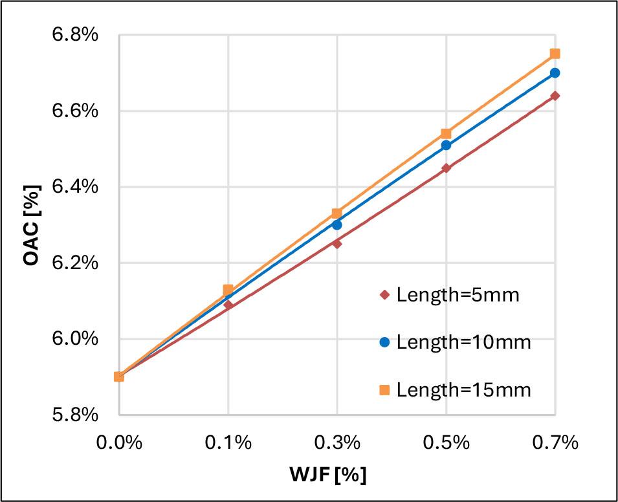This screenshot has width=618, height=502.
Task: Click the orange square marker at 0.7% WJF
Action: tap(555, 54)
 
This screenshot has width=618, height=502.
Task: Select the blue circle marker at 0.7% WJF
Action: tap(555, 73)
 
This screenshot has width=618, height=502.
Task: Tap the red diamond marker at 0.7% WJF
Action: tap(555, 96)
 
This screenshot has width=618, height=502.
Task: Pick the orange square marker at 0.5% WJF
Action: tap(446, 134)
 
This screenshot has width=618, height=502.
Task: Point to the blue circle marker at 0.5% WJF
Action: tap(446, 145)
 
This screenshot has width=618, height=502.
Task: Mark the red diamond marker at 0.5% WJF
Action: tap(446, 168)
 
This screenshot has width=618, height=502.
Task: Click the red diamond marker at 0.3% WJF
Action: tap(337, 243)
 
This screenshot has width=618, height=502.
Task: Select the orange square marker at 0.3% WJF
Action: tap(337, 213)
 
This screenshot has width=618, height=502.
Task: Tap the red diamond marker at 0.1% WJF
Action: tap(228, 304)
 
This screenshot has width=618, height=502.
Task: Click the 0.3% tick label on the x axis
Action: tap(337, 443)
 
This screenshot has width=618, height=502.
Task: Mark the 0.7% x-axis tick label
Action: tap(555, 443)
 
